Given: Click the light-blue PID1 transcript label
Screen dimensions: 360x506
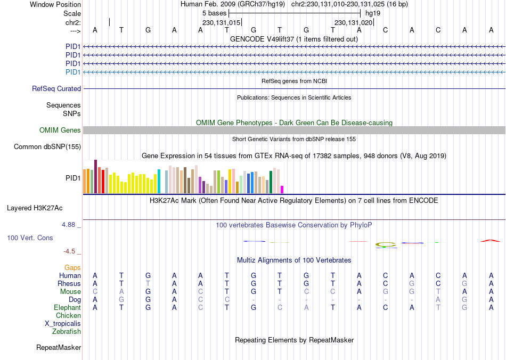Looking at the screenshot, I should click(73, 72).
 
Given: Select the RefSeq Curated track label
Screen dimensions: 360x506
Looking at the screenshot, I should click(56, 89).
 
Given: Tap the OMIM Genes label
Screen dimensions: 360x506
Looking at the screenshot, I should click(60, 130).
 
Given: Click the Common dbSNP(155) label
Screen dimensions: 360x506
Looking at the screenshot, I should click(47, 146).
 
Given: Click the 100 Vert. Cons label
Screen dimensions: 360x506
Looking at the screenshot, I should click(30, 238).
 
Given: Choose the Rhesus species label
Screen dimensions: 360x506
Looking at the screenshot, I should click(69, 284).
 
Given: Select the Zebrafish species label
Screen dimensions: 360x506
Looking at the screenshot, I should click(67, 332).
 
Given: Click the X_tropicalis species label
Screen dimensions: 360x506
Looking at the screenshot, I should click(63, 324).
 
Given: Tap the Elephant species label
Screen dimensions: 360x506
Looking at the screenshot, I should click(67, 308).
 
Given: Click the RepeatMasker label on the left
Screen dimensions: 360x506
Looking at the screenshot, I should click(59, 348).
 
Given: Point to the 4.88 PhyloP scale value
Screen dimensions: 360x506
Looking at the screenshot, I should click(69, 225).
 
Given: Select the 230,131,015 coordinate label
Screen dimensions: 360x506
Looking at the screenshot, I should click(221, 23).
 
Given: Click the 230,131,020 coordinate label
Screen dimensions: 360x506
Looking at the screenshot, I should click(353, 23).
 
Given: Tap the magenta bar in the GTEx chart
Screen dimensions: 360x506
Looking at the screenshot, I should click(282, 189).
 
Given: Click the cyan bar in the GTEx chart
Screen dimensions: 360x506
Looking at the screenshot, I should click(159, 181).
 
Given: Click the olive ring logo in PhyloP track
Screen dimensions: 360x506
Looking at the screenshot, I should click(386, 245).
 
